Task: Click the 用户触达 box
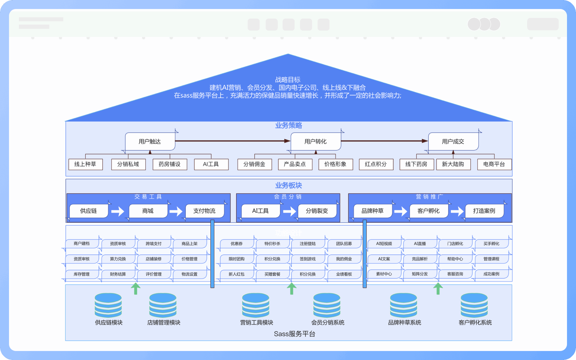point(150,141)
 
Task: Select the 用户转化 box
point(316,141)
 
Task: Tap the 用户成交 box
point(453,141)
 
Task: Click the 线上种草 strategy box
point(85,164)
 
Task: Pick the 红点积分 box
point(376,164)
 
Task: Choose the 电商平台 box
point(494,164)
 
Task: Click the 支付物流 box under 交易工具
point(205,211)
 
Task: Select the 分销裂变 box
point(317,211)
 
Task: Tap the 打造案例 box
point(484,211)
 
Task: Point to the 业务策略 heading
point(289,125)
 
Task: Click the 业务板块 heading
point(289,185)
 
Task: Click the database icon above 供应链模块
point(108,305)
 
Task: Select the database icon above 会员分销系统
point(327,305)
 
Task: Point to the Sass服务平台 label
point(295,334)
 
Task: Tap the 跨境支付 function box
point(154,244)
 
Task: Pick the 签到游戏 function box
point(308,259)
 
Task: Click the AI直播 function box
point(420,244)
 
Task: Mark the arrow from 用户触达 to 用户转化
point(232,141)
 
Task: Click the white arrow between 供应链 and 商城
point(118,211)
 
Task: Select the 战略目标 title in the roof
point(288,80)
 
